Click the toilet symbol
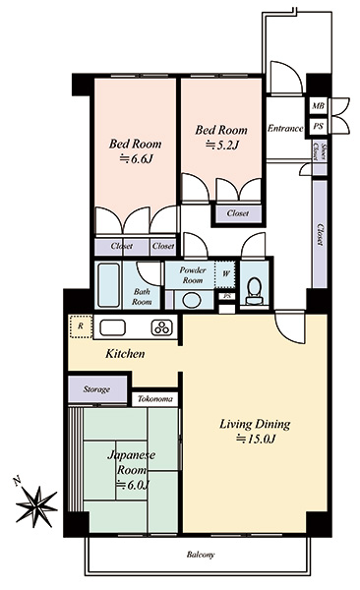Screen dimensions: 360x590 (255, 291)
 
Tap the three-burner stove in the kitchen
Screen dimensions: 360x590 (162, 327)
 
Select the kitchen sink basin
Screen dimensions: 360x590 (112, 327)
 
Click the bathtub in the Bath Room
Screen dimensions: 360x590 (108, 285)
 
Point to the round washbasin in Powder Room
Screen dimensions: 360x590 (193, 300)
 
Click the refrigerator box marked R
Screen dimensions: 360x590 (81, 326)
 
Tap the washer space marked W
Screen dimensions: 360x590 (225, 273)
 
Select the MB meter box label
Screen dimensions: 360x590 (319, 106)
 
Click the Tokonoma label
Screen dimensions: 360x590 (155, 399)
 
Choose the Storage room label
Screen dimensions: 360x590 (96, 389)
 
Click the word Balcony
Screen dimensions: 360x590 (201, 555)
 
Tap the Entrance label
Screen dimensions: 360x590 (285, 129)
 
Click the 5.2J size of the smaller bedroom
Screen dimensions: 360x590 (222, 145)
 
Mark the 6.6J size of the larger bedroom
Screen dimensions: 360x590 (136, 159)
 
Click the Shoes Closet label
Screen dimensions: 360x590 (320, 152)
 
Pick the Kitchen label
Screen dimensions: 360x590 (125, 354)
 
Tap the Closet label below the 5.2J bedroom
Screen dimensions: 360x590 (238, 213)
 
